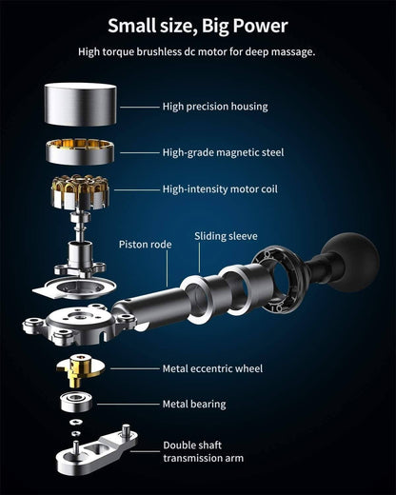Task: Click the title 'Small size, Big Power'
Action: click(198, 26)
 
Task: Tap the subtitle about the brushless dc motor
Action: click(197, 51)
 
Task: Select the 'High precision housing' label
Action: click(215, 107)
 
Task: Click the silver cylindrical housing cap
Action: click(80, 104)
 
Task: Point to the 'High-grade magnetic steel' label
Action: click(223, 152)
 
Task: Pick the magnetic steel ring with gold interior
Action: click(80, 151)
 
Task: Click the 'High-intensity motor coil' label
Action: click(220, 189)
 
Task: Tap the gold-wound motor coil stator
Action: click(80, 191)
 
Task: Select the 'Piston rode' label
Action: click(145, 245)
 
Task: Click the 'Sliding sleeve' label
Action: click(226, 236)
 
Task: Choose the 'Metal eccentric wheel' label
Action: click(212, 368)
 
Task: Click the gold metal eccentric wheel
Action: click(80, 370)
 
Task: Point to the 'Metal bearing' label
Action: click(194, 405)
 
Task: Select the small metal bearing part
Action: click(76, 402)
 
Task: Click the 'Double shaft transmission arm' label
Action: click(204, 451)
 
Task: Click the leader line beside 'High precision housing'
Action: click(140, 107)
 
